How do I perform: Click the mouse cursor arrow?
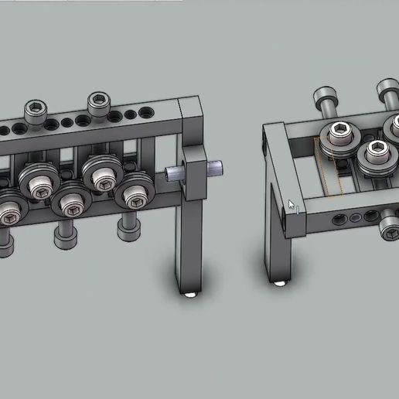(x=292, y=205)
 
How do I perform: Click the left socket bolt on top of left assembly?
(x=36, y=110)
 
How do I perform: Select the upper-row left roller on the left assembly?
(x=37, y=180)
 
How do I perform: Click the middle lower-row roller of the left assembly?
(x=72, y=203)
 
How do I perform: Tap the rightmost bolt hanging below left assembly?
(x=128, y=227)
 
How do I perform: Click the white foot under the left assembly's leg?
(x=191, y=295)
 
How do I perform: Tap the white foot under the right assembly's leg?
(x=280, y=285)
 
